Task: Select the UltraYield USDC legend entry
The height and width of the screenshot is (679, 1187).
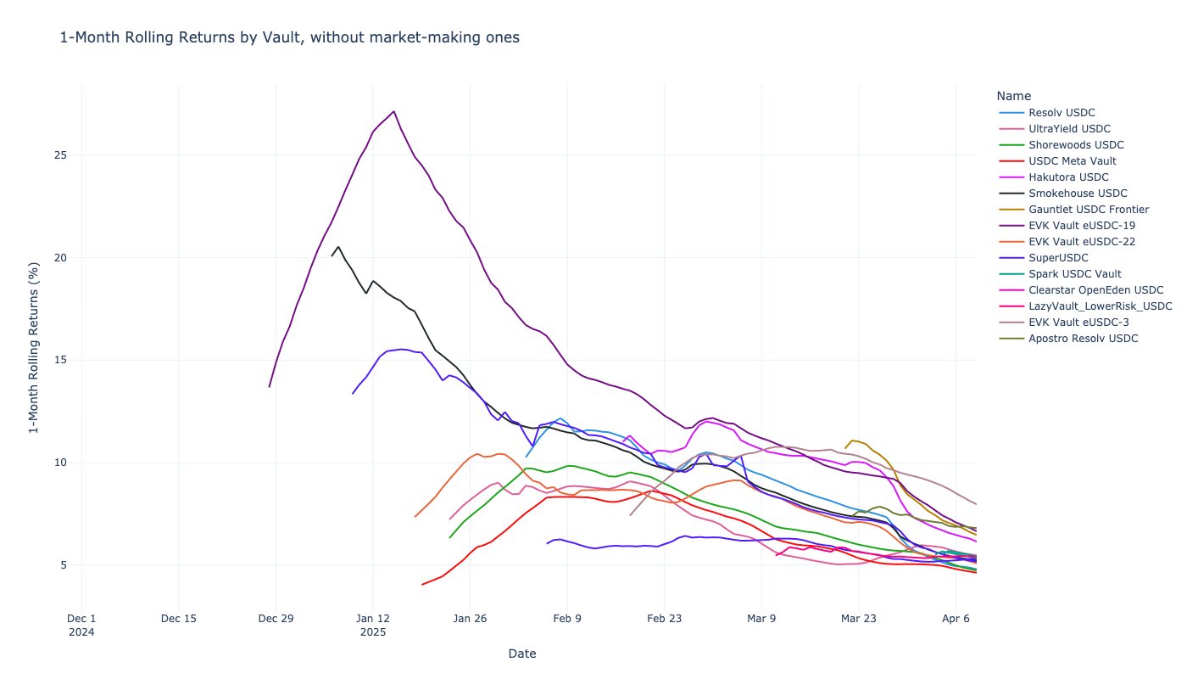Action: coord(1068,129)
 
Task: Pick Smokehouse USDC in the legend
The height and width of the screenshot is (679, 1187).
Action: coord(1078,194)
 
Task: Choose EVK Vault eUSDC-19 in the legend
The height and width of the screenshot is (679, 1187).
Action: coord(1081,226)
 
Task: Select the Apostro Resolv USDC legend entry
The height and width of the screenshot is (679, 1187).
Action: coord(1083,339)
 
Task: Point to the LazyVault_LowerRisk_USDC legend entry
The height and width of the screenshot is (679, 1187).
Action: coord(1100,306)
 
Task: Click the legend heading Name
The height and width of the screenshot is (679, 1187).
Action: coord(1013,96)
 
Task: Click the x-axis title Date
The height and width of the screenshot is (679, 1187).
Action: coord(521,654)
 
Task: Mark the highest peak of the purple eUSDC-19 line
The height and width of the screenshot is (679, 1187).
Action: coord(393,111)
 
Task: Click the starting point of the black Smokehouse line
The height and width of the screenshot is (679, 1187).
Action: coord(332,255)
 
